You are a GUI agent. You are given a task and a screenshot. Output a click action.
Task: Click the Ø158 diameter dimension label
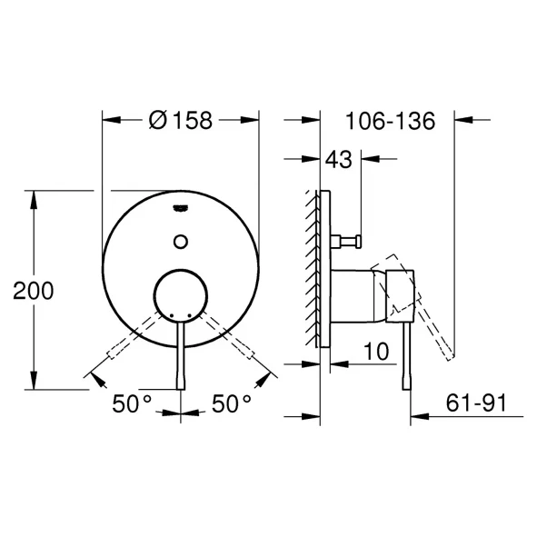point(181,120)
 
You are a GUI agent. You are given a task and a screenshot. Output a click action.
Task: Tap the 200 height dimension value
point(34,291)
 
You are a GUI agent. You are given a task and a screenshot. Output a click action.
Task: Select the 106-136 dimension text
point(390,121)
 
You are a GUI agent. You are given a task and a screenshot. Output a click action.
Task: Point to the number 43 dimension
point(338,159)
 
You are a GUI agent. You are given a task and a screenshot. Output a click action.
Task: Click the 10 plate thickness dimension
point(376,352)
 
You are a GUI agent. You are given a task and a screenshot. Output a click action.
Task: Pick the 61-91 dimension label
point(476,403)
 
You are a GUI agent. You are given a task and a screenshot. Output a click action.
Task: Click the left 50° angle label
point(132,403)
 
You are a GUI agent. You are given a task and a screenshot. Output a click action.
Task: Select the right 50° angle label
point(231,403)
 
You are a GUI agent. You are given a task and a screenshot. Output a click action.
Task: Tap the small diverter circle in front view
point(181,242)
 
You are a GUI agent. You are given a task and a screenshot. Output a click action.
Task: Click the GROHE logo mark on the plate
point(181,208)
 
